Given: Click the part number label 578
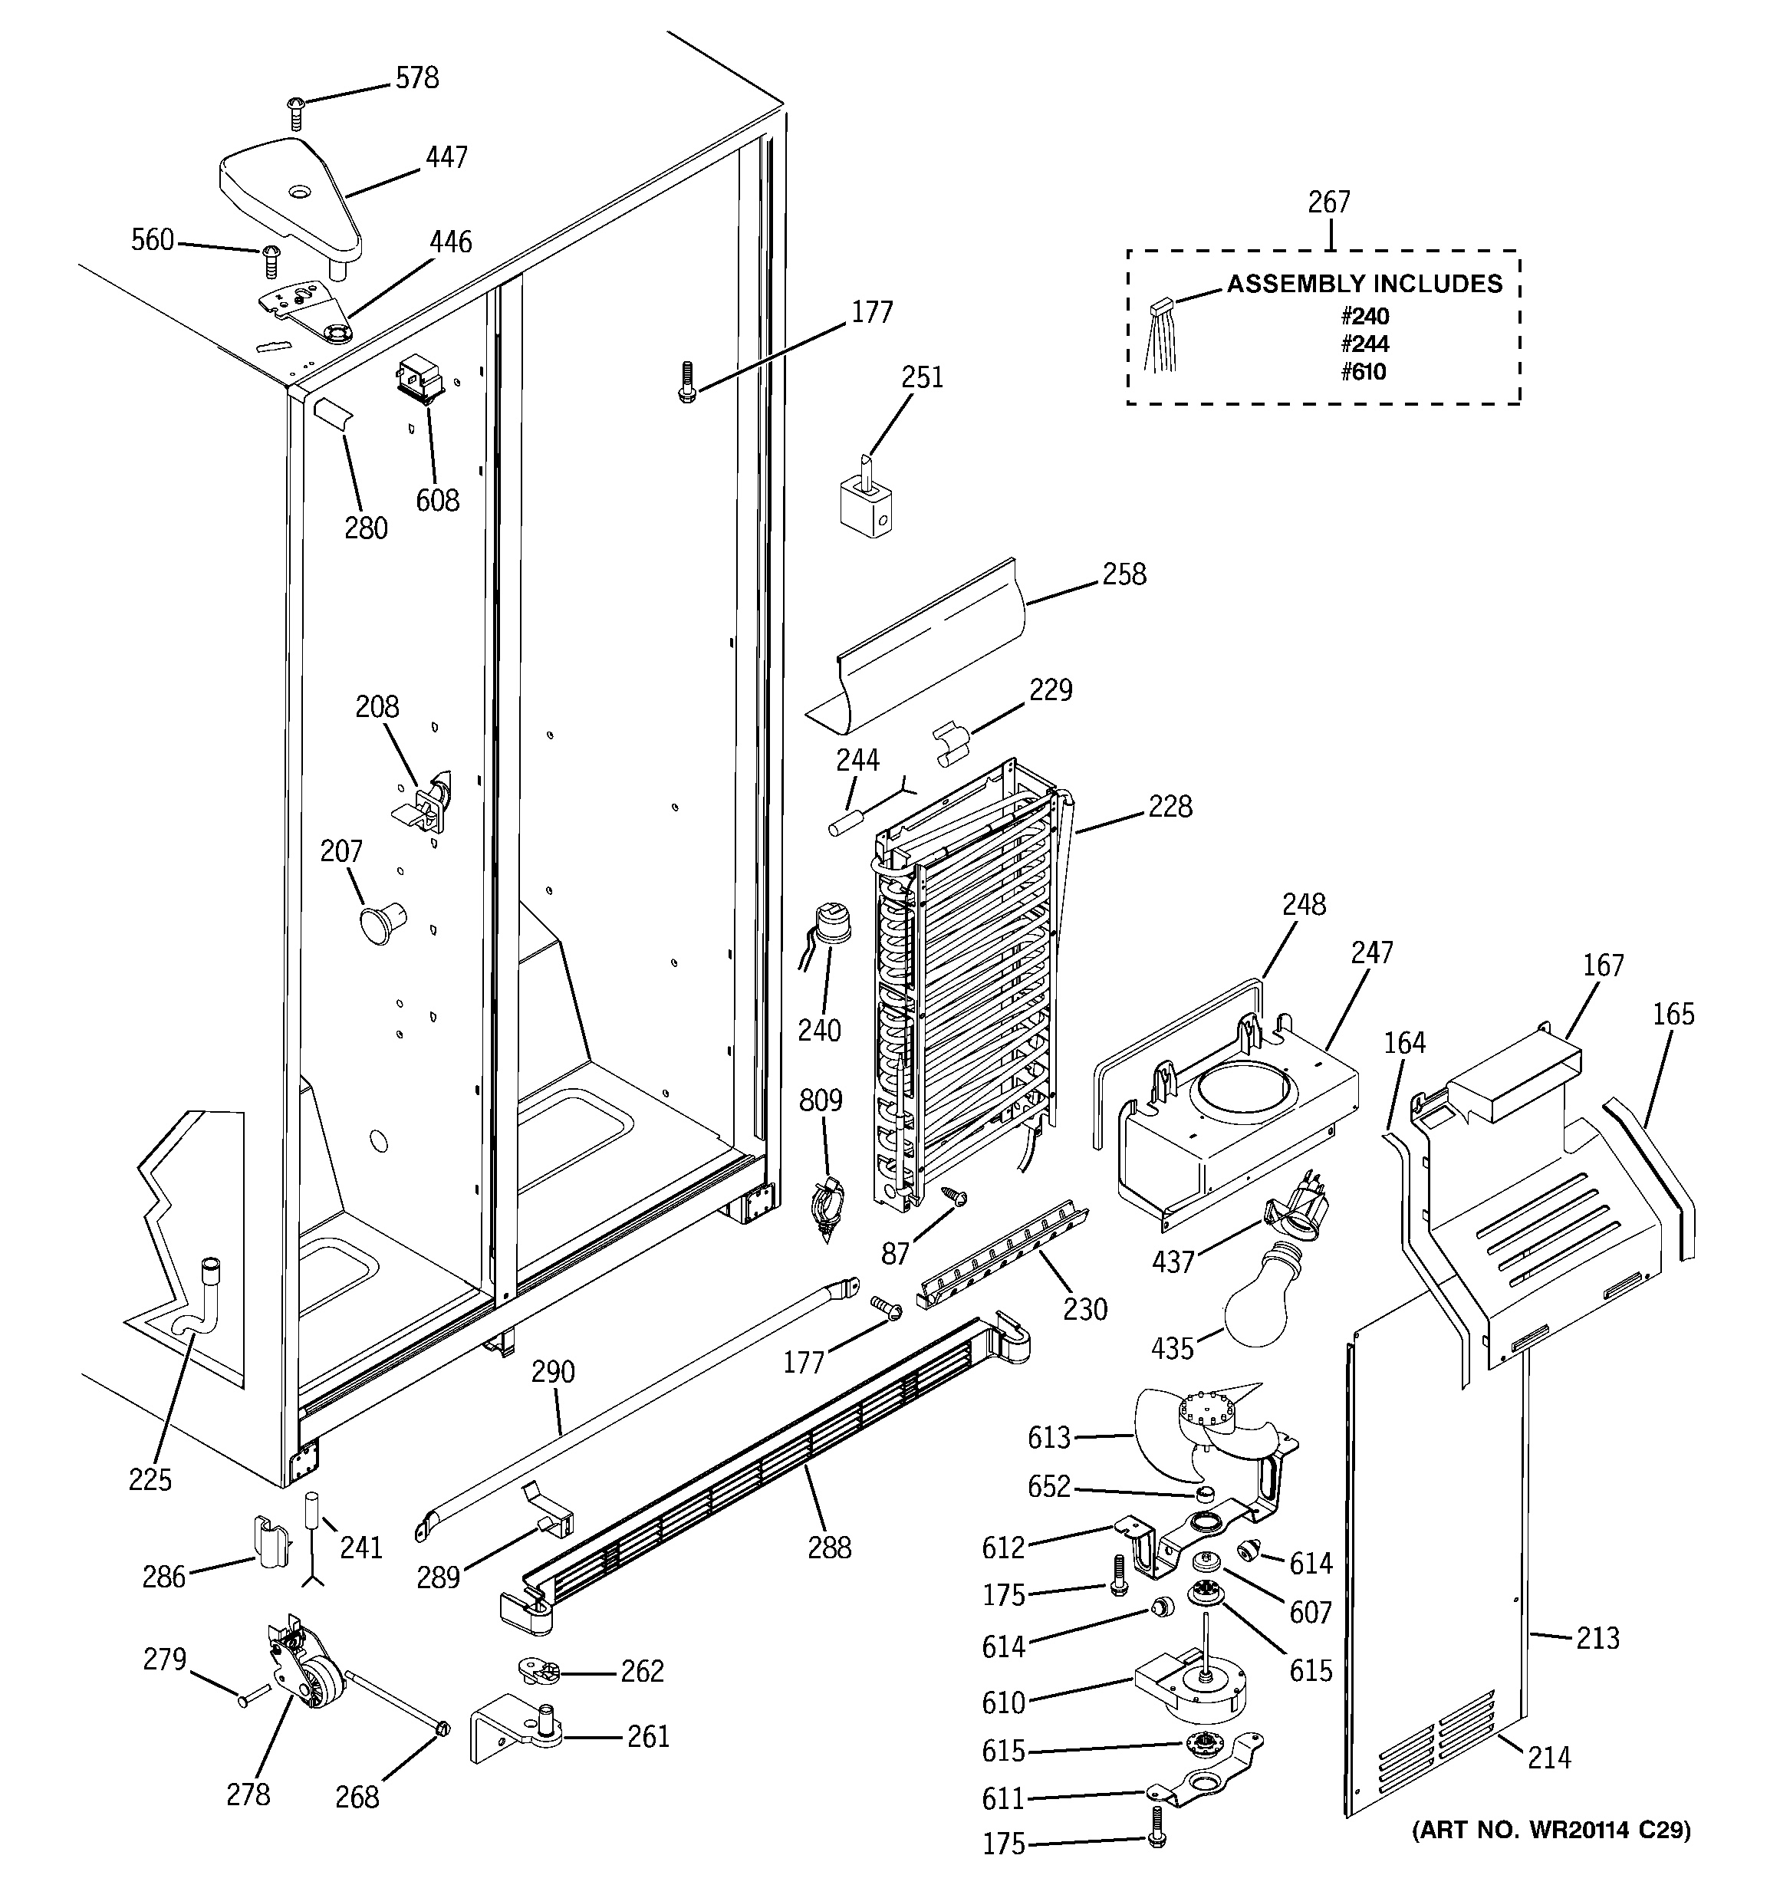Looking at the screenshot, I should [417, 78].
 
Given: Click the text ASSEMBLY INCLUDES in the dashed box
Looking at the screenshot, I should [1364, 284].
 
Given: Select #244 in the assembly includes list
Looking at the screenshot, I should [1364, 344].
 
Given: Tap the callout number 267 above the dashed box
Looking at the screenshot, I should [1328, 202].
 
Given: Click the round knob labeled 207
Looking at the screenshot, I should [377, 923].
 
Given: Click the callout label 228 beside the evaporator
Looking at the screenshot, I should [1170, 807].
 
